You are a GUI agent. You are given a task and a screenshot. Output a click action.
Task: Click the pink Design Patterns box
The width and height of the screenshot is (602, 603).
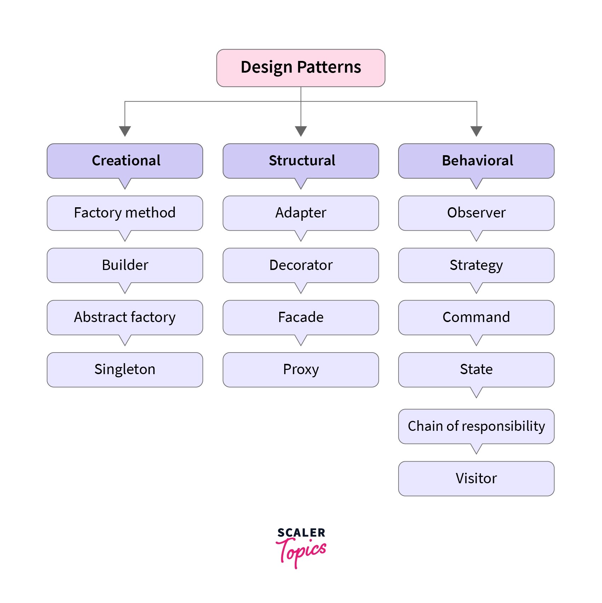[x=300, y=68]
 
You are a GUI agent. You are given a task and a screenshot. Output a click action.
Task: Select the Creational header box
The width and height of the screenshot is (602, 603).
[x=125, y=160]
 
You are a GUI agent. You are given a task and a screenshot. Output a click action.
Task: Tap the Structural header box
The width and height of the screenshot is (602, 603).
[x=300, y=160]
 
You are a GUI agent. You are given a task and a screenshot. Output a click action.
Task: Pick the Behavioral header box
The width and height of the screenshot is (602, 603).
[x=476, y=160]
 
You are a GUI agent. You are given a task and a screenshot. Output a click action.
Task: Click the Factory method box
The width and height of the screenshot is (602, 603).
[x=125, y=213]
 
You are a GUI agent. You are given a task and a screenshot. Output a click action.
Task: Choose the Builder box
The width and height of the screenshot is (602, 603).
[x=125, y=265]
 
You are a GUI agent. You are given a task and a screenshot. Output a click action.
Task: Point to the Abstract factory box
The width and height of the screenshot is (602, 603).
[x=125, y=317]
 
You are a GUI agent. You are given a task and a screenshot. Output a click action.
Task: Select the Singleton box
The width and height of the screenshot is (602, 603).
[x=125, y=370]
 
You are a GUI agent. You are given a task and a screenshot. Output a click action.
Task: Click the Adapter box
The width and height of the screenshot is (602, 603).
[x=300, y=213]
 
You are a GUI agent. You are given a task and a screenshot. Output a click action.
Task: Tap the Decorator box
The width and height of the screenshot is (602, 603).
[x=300, y=265]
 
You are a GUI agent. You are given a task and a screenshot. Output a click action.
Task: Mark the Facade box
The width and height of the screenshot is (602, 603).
[x=300, y=317]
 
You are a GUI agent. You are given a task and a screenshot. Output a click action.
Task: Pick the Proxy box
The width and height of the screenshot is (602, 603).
[x=300, y=370]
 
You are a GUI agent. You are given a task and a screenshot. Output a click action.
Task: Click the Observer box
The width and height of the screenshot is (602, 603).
[x=476, y=213]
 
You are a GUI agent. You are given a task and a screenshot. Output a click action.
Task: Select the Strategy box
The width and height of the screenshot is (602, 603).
[x=476, y=265]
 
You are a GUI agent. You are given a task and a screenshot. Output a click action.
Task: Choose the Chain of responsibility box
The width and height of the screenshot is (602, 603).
[x=476, y=426]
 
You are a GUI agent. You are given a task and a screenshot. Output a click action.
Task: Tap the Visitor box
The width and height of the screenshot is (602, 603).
[x=476, y=478]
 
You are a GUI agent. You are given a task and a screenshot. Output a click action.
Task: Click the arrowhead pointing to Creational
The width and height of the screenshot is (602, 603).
[x=125, y=131]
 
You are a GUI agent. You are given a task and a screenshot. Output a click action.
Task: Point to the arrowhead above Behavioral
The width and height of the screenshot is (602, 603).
[x=476, y=131]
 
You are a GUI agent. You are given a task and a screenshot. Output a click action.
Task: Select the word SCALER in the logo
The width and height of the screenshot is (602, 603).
[x=301, y=532]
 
